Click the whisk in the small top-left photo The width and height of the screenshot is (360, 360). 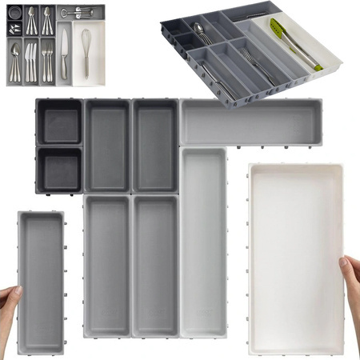click(x=86, y=50)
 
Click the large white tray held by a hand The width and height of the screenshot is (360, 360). click(x=295, y=256)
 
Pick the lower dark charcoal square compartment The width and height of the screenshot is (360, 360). click(x=59, y=170)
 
